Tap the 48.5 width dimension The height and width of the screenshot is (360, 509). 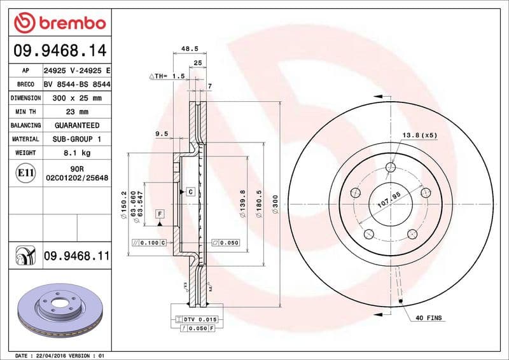coord(190,48)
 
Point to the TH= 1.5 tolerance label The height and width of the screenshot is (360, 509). coord(167,76)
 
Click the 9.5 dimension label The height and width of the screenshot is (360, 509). coord(161,134)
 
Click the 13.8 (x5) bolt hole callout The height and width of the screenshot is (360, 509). coord(419,135)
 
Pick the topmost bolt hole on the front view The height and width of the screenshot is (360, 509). coord(391,167)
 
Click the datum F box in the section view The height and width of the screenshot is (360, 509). coord(159,213)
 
